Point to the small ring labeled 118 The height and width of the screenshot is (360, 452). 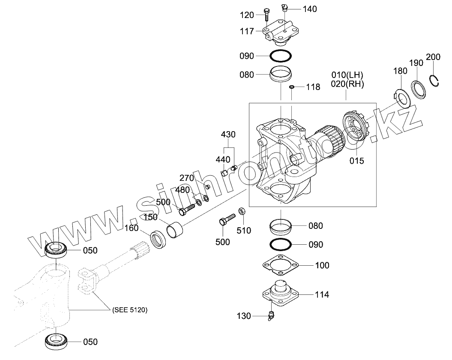(291, 87)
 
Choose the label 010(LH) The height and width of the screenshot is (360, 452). (347, 75)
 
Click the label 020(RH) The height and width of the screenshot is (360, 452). (347, 84)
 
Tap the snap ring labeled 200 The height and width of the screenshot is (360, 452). (436, 82)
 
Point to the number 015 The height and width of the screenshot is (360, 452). (356, 161)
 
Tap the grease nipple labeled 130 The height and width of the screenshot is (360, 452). (271, 316)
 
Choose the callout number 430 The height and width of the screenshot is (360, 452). (228, 134)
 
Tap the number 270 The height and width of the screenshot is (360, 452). (187, 177)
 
